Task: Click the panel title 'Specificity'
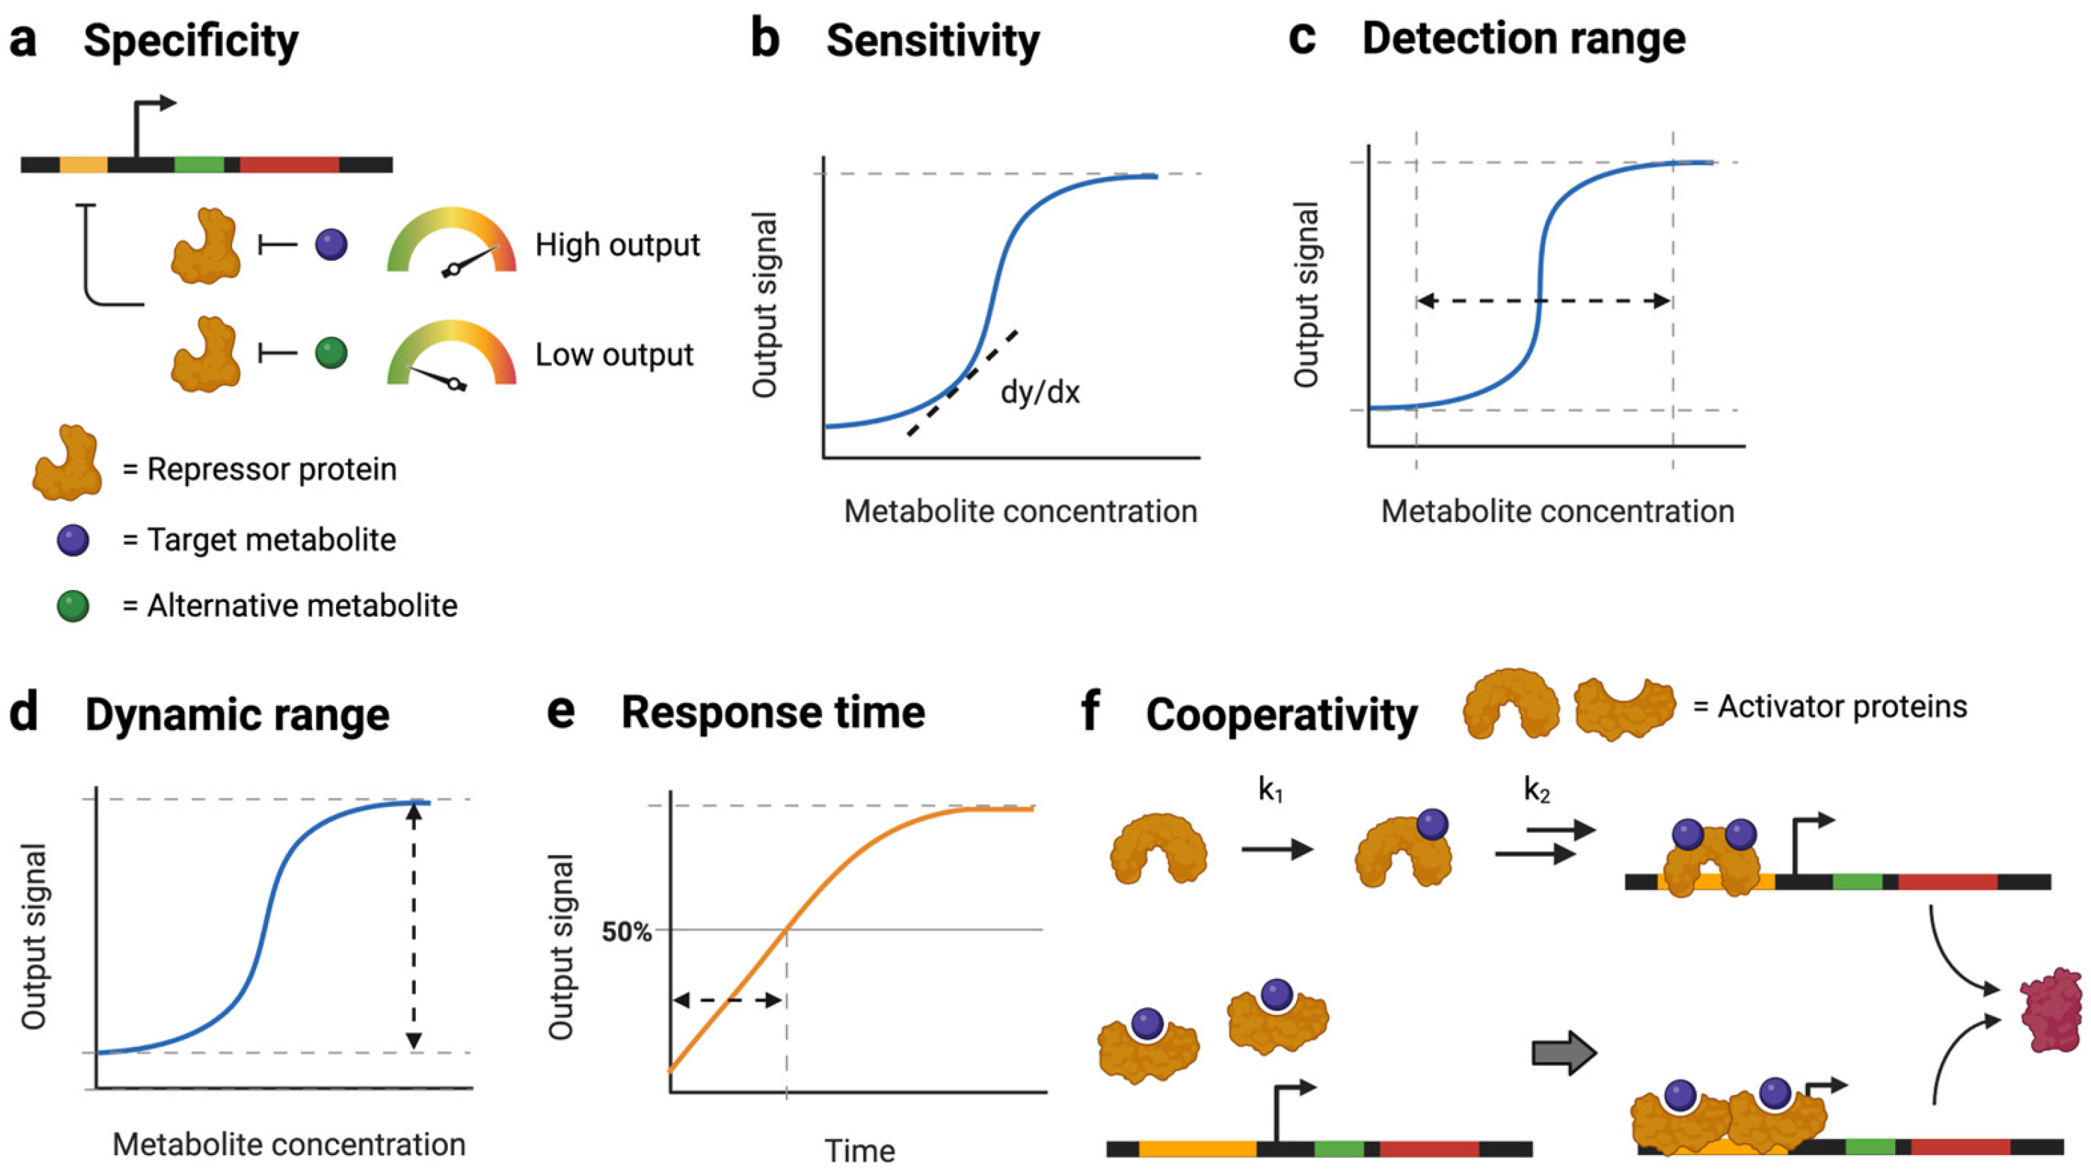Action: pyautogui.click(x=191, y=40)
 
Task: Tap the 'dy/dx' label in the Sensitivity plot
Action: pyautogui.click(x=1040, y=393)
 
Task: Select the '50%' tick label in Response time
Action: pyautogui.click(x=627, y=932)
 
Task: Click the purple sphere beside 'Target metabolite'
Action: pyautogui.click(x=73, y=540)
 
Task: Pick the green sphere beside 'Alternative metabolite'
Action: pyautogui.click(x=73, y=606)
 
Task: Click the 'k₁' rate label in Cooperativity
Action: pyautogui.click(x=1270, y=789)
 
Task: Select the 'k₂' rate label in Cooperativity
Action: pyautogui.click(x=1536, y=789)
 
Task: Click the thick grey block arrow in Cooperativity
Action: pyautogui.click(x=1563, y=1053)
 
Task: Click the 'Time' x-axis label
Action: pyautogui.click(x=859, y=1150)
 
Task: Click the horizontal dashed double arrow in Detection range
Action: pyautogui.click(x=1543, y=301)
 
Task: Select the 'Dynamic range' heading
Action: pyautogui.click(x=237, y=715)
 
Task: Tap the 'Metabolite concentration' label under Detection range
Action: pyautogui.click(x=1558, y=511)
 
